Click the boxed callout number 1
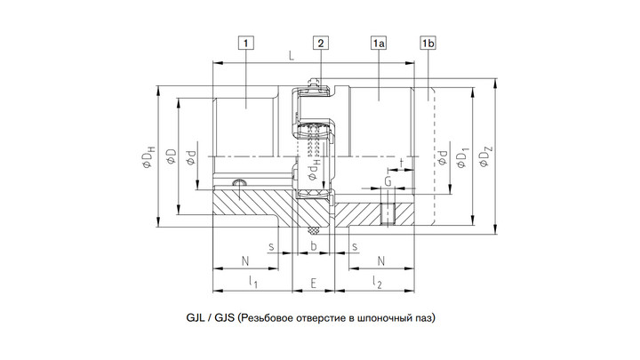pyautogui.click(x=245, y=43)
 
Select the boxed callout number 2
pyautogui.click(x=321, y=43)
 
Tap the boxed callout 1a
pyautogui.click(x=379, y=43)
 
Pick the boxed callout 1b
pyautogui.click(x=428, y=43)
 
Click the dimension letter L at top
pyautogui.click(x=292, y=56)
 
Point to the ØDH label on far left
pyautogui.click(x=148, y=156)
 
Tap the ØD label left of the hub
pyautogui.click(x=172, y=156)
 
